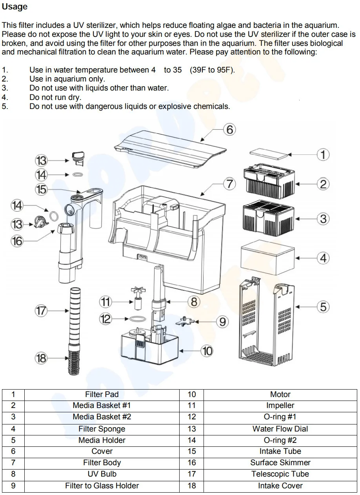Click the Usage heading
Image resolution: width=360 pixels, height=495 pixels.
(15, 7)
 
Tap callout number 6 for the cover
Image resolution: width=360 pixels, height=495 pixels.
(229, 129)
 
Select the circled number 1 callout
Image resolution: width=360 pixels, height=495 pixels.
(323, 154)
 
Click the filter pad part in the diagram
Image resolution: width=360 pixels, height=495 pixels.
(269, 154)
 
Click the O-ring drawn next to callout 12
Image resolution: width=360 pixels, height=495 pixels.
(138, 319)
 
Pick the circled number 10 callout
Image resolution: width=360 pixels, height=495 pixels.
(207, 351)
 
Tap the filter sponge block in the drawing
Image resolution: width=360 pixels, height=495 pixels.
(267, 257)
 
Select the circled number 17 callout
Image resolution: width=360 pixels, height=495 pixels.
(41, 310)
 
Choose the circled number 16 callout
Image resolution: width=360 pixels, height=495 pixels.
(17, 241)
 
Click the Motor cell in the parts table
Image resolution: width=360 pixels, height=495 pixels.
(280, 394)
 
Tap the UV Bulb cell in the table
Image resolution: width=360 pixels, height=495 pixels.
(102, 474)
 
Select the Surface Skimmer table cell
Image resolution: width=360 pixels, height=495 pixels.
(280, 462)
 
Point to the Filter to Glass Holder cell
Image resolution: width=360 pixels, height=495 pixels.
(102, 486)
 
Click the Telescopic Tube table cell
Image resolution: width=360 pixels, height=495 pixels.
(280, 474)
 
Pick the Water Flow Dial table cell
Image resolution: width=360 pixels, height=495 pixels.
(280, 429)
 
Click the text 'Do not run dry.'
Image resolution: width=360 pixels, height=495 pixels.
(55, 97)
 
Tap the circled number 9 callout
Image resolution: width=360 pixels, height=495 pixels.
(222, 322)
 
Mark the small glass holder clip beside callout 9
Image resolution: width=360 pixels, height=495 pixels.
(185, 321)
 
